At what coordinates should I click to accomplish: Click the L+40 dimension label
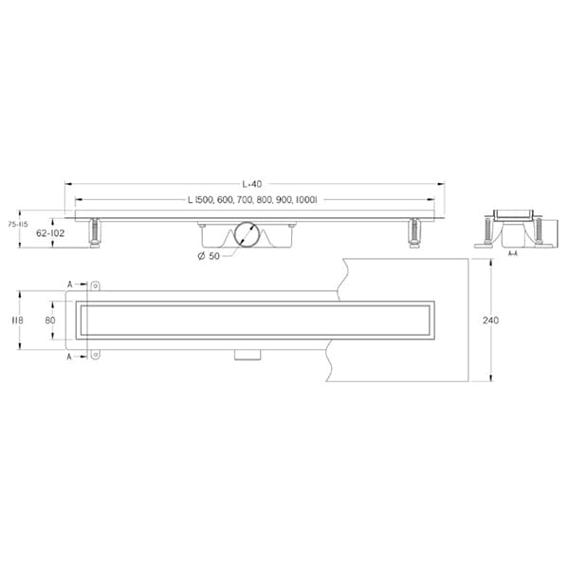(x=252, y=184)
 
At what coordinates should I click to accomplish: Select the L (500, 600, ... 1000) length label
(x=252, y=199)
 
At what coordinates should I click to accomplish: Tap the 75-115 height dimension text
(x=18, y=224)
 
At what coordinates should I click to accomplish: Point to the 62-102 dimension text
(x=50, y=233)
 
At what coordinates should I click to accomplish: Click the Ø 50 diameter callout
(x=209, y=256)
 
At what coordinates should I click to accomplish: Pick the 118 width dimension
(x=17, y=321)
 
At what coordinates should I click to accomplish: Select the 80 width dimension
(x=50, y=321)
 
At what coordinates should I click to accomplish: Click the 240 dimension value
(x=490, y=321)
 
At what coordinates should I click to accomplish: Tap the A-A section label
(x=512, y=253)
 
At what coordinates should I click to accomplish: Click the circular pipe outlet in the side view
(x=247, y=234)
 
